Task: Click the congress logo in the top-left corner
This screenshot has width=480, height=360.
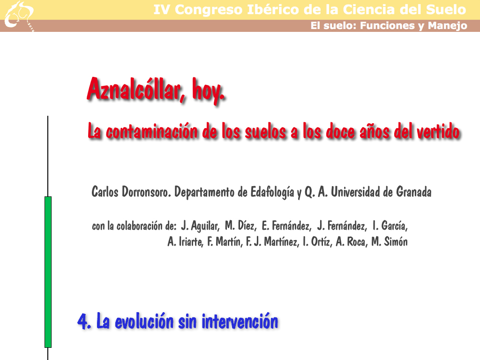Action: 19,16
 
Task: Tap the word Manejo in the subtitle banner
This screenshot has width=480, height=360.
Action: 448,26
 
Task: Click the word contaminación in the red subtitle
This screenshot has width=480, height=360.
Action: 151,131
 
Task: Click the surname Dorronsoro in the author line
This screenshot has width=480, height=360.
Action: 146,192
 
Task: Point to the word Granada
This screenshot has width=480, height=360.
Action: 413,192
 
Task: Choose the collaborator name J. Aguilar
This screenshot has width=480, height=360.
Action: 200,226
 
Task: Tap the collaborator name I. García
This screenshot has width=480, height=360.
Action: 390,226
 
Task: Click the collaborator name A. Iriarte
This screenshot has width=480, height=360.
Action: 185,242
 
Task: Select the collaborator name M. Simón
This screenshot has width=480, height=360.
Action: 390,242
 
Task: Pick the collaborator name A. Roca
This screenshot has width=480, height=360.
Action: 351,242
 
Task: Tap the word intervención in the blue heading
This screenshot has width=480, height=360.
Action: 240,322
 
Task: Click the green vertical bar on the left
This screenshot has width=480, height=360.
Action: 48,272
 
